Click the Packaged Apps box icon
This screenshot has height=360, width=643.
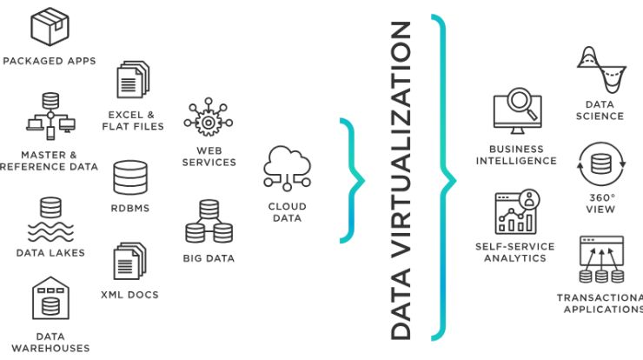coord(50,26)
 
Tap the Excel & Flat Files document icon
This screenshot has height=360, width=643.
coord(133,80)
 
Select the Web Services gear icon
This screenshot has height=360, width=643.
coord(209,117)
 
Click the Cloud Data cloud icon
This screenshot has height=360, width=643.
coord(287,169)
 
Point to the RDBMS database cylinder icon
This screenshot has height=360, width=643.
coord(130,177)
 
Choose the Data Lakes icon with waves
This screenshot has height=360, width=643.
coord(51,220)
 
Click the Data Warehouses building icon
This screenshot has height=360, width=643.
coord(51,298)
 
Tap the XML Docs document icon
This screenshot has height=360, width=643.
coord(129,261)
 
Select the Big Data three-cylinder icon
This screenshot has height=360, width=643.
coord(209,222)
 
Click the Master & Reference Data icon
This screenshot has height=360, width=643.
coord(50,117)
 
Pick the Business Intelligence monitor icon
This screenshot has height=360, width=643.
coord(518,110)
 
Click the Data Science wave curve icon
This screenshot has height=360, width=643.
coord(601,70)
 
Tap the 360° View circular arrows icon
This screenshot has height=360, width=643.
coord(601,164)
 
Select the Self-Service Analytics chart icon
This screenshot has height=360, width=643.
coord(518,212)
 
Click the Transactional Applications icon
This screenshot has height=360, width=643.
coord(601,259)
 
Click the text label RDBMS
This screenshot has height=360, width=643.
coord(130,209)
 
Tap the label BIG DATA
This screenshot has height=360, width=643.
coord(209,258)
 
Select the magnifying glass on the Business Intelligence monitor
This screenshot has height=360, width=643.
coord(521,103)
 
